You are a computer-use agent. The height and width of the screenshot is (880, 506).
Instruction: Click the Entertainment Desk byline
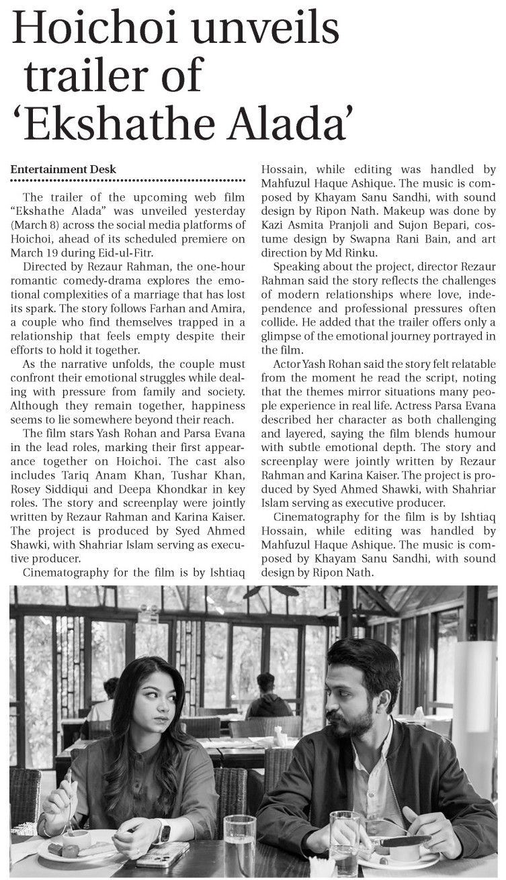point(63,169)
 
